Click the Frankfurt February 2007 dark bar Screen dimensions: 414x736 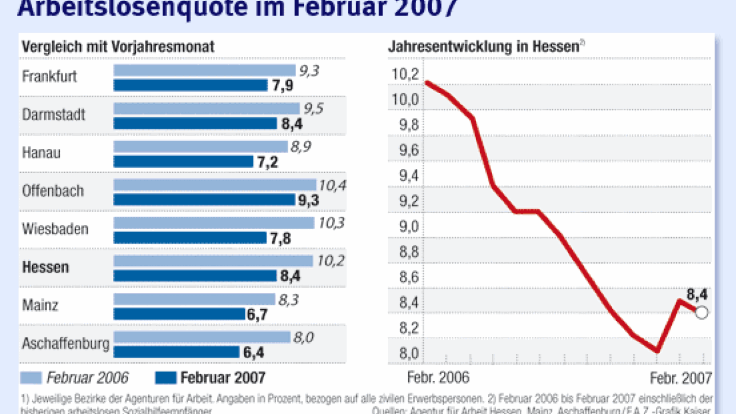point(191,85)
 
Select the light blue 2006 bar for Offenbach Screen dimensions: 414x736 point(214,185)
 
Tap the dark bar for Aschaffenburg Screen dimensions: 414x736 point(176,352)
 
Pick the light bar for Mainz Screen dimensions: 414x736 point(194,299)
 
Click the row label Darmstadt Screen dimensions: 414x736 point(53,114)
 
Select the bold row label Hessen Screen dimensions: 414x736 point(45,267)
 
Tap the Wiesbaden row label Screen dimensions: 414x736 point(55,229)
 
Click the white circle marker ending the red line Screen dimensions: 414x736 point(702,313)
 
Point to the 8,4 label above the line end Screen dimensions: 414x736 point(697,294)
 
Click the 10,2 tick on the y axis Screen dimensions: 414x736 point(405,75)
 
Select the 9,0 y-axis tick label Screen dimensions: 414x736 point(405,227)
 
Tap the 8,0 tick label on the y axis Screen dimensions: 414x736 point(405,354)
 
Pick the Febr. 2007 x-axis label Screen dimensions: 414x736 point(680,378)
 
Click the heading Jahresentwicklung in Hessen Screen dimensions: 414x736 point(483,47)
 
